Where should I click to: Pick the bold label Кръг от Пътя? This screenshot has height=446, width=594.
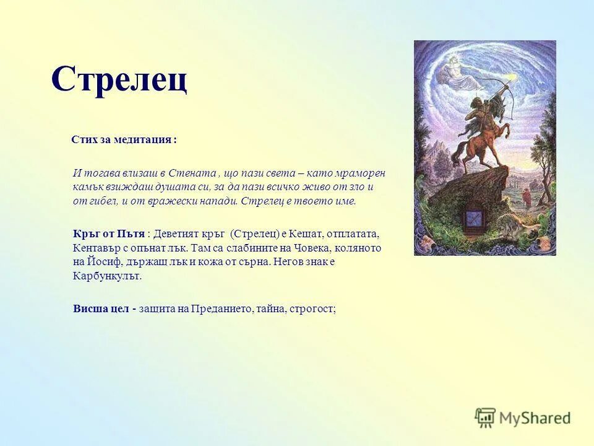(x=109, y=234)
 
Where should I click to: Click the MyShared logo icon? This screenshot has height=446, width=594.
(x=485, y=418)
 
